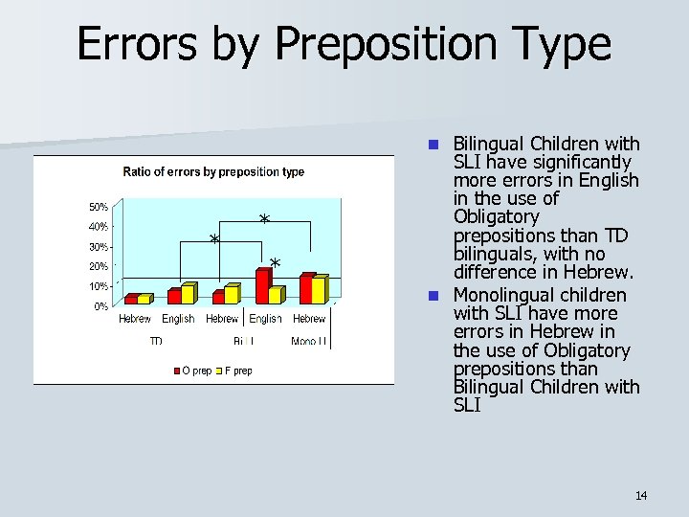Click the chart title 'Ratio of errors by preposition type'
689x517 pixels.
pos(213,172)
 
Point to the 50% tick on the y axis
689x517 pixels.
pos(99,207)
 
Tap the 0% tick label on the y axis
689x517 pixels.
pos(100,306)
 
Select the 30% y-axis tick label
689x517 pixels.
pos(99,247)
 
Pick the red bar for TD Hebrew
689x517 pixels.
pos(131,300)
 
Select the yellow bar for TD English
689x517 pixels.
pos(188,294)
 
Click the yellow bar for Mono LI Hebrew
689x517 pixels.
pos(319,290)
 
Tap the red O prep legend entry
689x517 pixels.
pos(192,371)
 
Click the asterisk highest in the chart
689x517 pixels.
pos(264,220)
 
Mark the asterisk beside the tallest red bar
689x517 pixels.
pos(275,262)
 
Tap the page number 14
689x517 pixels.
pos(640,495)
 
